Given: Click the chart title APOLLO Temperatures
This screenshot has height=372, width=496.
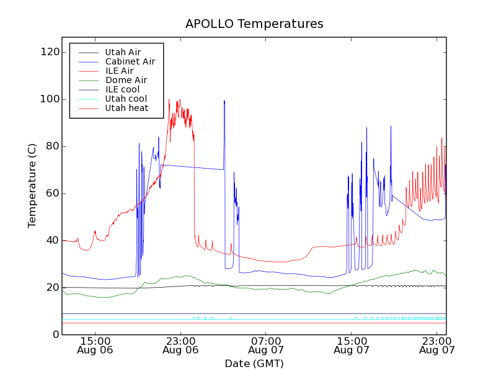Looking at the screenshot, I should pyautogui.click(x=254, y=24).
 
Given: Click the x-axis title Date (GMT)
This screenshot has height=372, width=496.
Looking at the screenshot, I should pyautogui.click(x=254, y=363).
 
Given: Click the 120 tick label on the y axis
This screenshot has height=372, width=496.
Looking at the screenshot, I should pyautogui.click(x=49, y=52).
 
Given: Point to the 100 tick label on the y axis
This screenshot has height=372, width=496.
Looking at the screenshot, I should pyautogui.click(x=49, y=99).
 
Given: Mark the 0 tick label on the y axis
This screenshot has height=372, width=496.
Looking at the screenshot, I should pyautogui.click(x=55, y=335).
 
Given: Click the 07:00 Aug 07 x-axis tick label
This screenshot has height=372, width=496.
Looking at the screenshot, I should pyautogui.click(x=266, y=345).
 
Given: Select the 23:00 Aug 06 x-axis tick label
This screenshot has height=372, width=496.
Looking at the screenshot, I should pyautogui.click(x=180, y=345).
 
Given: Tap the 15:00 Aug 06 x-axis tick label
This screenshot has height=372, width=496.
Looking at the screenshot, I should pyautogui.click(x=95, y=345).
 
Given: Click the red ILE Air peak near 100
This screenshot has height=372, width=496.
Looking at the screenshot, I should pyautogui.click(x=179, y=100).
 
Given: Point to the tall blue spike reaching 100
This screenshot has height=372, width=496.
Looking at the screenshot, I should pyautogui.click(x=224, y=101).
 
